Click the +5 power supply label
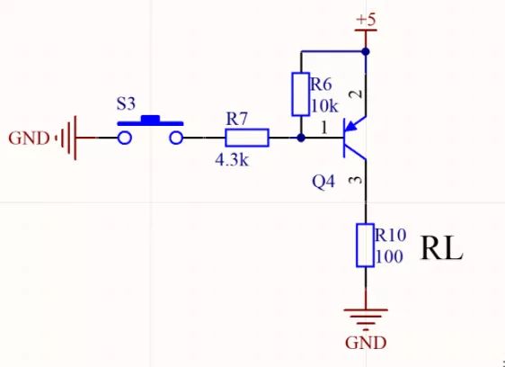pos(367,19)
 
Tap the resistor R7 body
pos(246,138)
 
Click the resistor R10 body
pos(366,245)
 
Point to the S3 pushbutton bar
pos(150,121)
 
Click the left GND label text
pos(30,139)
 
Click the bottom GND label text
pos(366,343)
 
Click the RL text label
pos(441,248)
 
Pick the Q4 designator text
pos(323,182)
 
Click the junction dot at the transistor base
pos(300,138)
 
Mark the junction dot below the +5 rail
pos(366,50)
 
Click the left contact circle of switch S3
pos(125,138)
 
